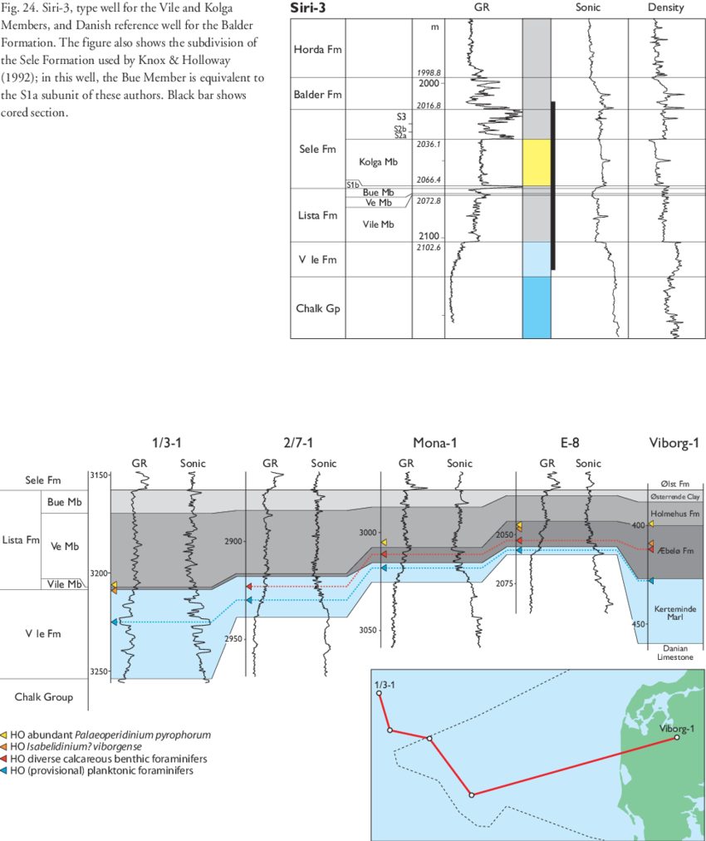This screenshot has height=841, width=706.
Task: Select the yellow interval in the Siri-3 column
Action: point(537,162)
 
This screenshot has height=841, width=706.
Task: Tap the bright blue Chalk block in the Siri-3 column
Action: point(537,307)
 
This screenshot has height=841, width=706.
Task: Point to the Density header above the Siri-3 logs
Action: point(666,7)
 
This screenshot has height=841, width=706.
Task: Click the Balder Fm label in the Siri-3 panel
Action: point(317,95)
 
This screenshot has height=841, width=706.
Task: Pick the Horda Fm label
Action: point(316,49)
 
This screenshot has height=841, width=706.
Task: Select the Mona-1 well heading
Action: point(434,442)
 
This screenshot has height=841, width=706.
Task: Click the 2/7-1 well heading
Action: point(298,442)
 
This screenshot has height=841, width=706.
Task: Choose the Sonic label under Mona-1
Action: point(458,463)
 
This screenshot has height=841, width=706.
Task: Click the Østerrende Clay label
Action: point(674,497)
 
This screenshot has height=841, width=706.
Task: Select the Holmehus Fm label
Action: point(674,513)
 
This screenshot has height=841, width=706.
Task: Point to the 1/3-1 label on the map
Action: point(385,684)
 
